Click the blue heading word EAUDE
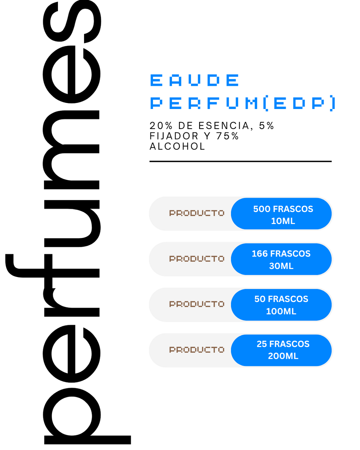pos(194,80)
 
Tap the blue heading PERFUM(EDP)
pos(243,103)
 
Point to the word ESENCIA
pos(224,126)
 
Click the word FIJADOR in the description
pos(174,136)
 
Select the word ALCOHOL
pos(177,146)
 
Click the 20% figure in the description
pos(161,126)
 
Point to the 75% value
pos(227,136)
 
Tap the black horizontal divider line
pos(240,161)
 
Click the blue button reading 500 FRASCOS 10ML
pos(281,213)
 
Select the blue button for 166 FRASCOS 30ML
pos(281,259)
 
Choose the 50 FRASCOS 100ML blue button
pos(281,305)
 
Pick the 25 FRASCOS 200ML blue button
pos(281,350)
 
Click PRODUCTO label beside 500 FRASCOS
pos(197,213)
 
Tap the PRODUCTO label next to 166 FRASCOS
pos(197,259)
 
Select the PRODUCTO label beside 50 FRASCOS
pos(197,304)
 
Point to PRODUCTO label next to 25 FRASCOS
pos(197,349)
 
